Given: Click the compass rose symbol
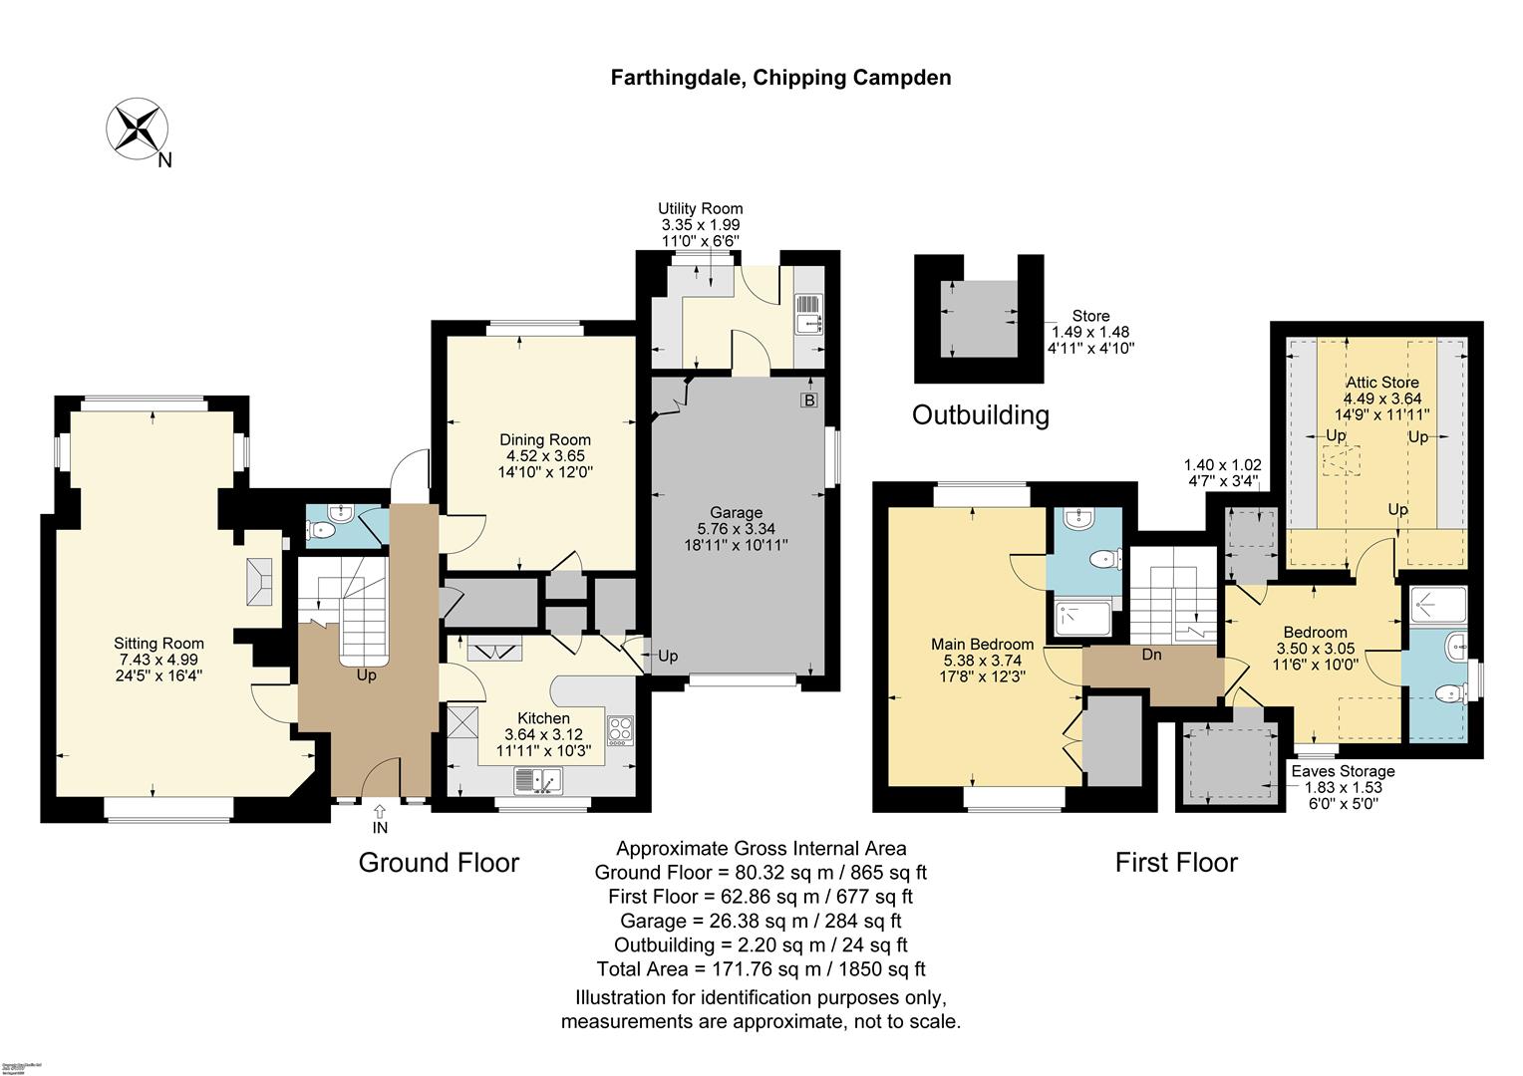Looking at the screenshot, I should click(x=137, y=130).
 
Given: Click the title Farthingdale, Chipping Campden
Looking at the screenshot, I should click(x=780, y=78).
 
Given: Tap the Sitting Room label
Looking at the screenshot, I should click(x=158, y=659).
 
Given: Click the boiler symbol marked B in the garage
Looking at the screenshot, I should click(x=808, y=401).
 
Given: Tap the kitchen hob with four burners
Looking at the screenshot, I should click(x=620, y=731).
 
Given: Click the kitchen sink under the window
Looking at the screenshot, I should click(x=537, y=780).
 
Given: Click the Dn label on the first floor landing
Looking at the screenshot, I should click(x=1151, y=655).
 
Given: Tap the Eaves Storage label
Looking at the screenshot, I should click(x=1343, y=771).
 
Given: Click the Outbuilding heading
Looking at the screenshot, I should click(x=981, y=414).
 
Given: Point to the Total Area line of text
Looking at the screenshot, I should click(x=761, y=968).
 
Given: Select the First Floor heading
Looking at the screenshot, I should click(x=1175, y=862).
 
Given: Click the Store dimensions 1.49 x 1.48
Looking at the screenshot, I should click(x=1090, y=332).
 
